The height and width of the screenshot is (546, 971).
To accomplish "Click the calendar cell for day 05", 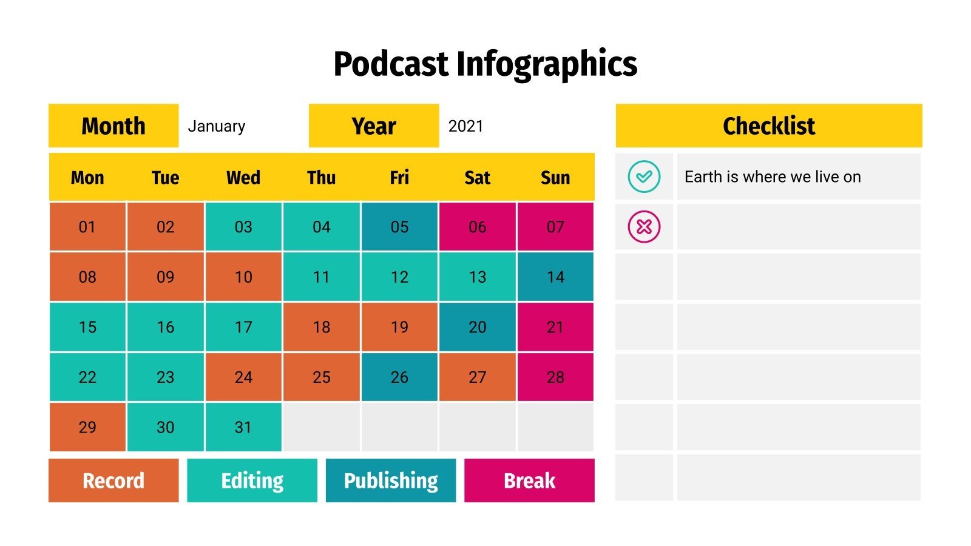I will (399, 227).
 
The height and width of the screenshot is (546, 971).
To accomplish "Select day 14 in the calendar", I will (555, 277).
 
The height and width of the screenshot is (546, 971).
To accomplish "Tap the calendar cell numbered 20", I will (478, 327).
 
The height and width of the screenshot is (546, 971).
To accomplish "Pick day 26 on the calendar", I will (399, 377).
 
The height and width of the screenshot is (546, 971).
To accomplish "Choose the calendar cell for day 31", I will (243, 427).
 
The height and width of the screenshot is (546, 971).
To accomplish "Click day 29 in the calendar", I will (87, 427).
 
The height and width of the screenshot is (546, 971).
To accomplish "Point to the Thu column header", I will (321, 178).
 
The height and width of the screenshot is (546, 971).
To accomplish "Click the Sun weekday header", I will (555, 178).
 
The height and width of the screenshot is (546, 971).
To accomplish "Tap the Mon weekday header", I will (87, 178).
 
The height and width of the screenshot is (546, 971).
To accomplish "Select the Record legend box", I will (113, 480).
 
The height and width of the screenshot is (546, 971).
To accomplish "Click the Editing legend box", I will (252, 480).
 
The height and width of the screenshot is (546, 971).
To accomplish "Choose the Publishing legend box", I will (391, 480).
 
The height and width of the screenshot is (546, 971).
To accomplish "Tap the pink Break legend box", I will (529, 480).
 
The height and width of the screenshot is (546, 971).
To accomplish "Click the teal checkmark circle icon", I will (644, 177).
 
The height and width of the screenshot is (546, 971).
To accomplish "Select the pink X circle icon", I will (644, 227).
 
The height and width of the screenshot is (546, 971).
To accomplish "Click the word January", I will (217, 126).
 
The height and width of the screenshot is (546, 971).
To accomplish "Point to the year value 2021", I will (466, 126).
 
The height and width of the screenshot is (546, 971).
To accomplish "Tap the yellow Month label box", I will (113, 126).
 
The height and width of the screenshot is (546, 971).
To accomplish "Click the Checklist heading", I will (769, 126).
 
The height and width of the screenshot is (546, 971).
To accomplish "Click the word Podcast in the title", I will (391, 64).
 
